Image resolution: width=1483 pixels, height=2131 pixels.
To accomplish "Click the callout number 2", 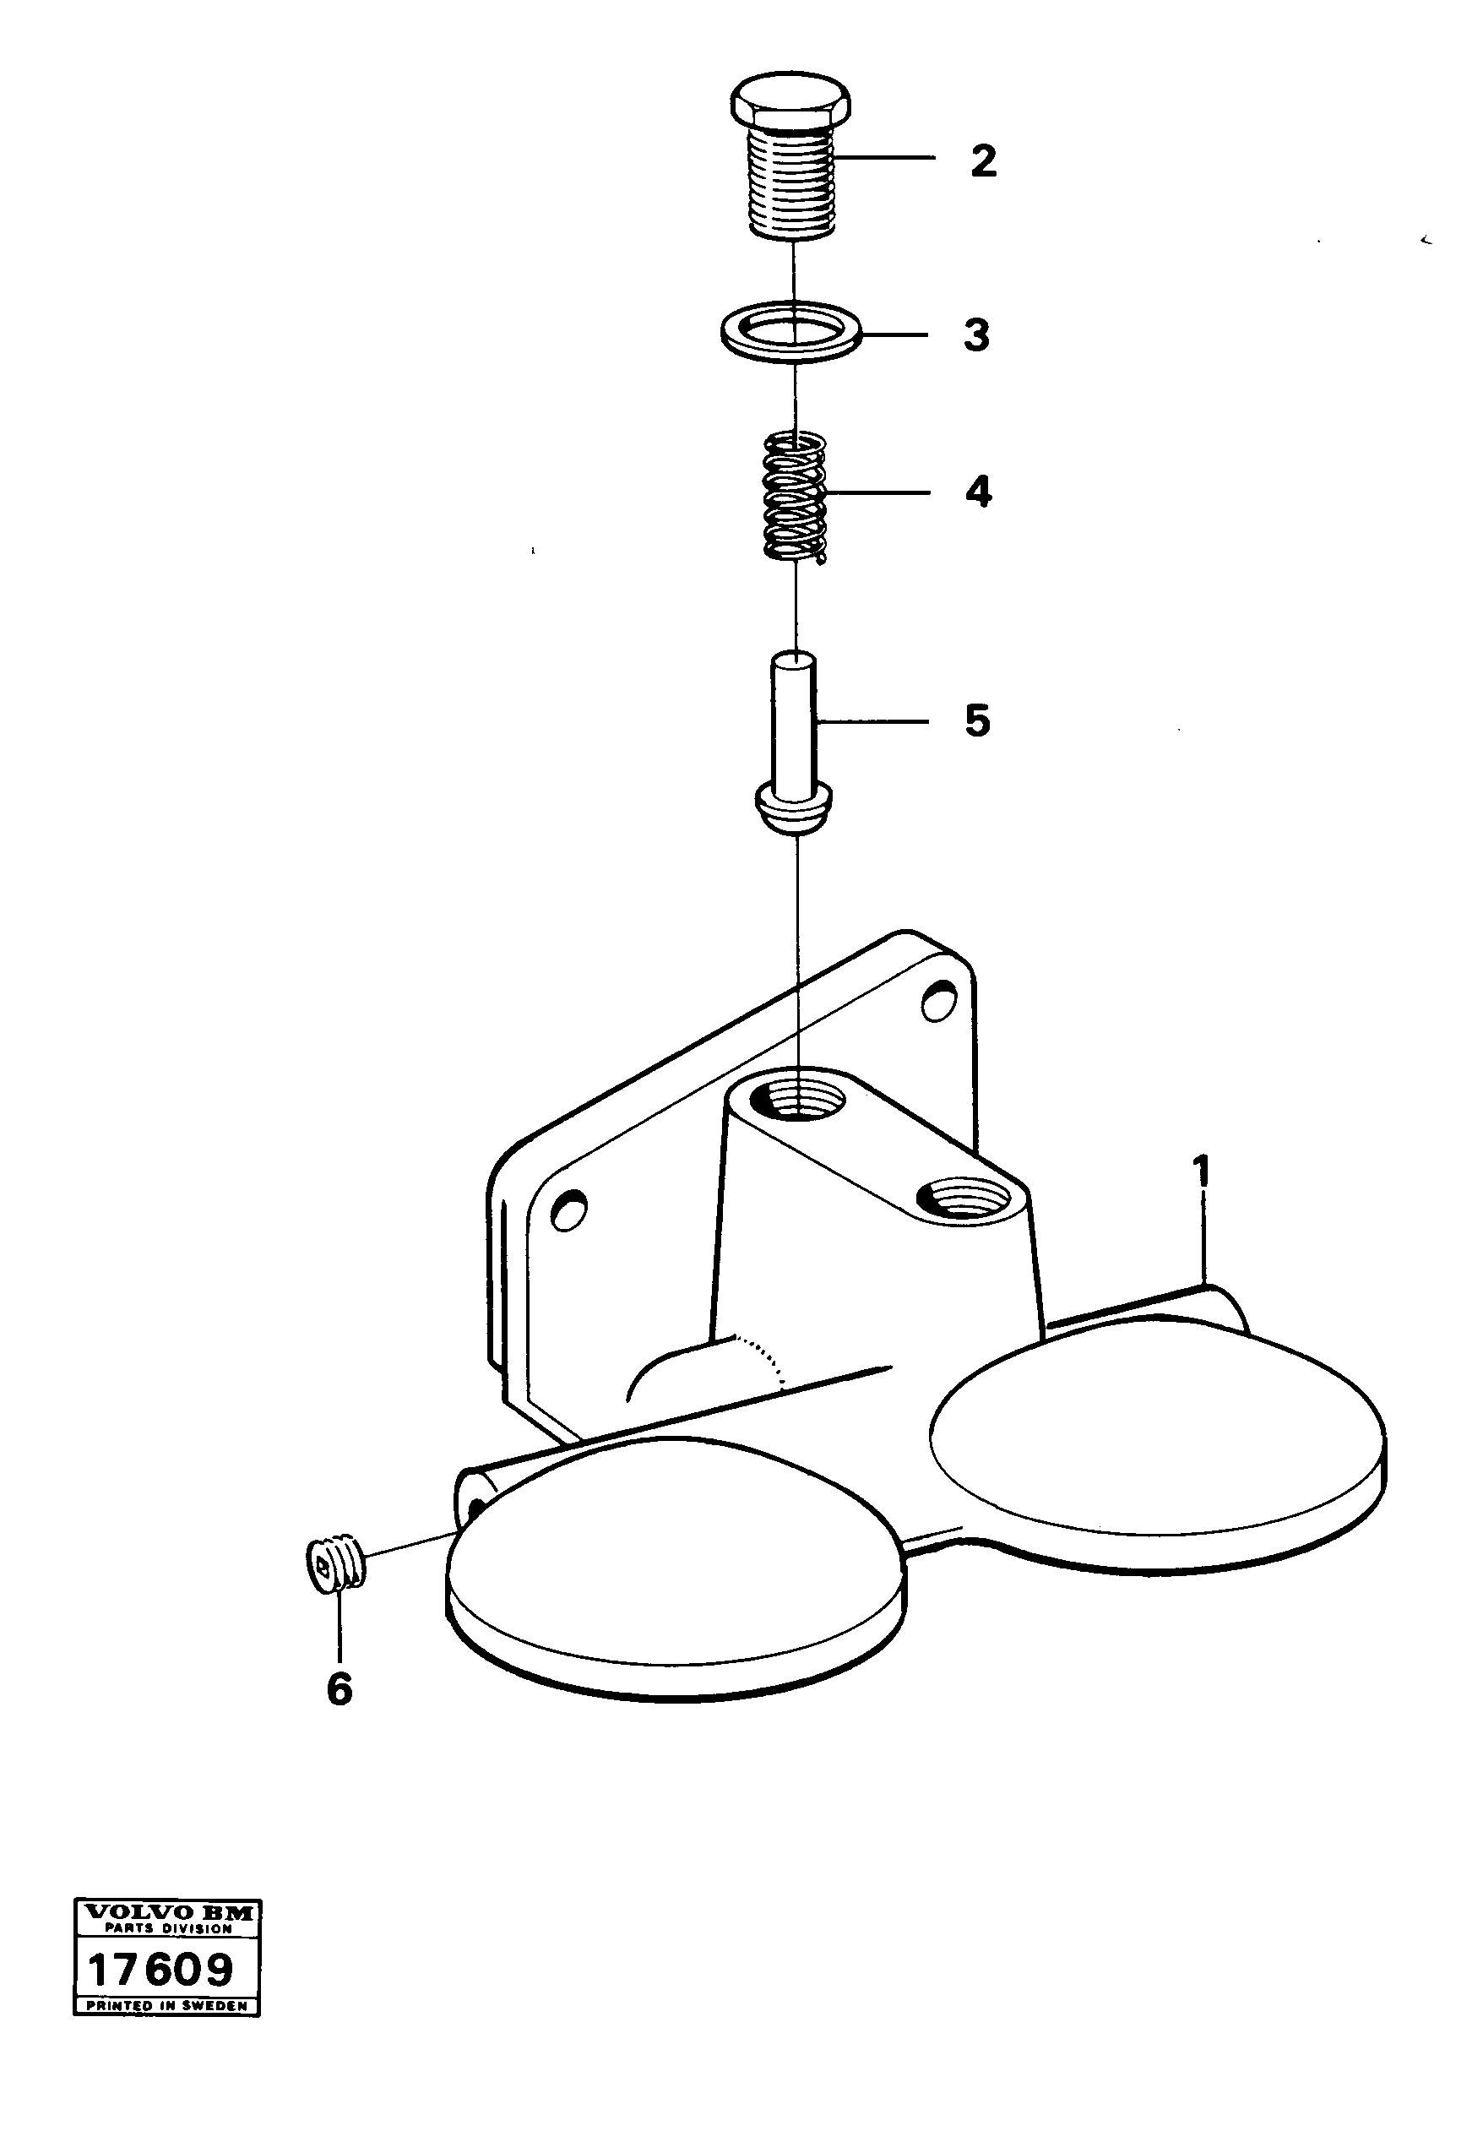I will click(x=983, y=161).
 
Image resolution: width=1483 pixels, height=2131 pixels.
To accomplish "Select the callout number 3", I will click(x=975, y=336).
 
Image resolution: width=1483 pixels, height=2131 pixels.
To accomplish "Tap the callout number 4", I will click(x=977, y=492).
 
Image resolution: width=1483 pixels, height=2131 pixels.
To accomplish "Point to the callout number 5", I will click(x=976, y=720).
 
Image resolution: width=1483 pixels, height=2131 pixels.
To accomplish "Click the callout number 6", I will click(x=340, y=1689).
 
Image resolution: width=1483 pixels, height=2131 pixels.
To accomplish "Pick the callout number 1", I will click(x=1202, y=1172).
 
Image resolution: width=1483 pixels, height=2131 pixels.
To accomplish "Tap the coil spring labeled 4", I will click(x=795, y=498).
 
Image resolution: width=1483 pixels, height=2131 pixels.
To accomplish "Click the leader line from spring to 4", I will click(x=877, y=492).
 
